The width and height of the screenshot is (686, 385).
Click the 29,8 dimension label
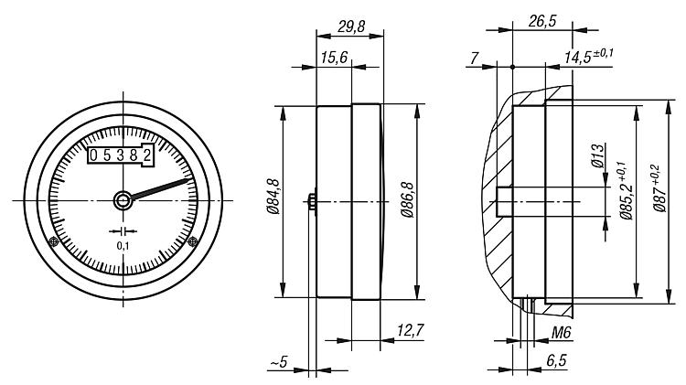(x=351, y=27)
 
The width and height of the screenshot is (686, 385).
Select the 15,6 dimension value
(x=334, y=58)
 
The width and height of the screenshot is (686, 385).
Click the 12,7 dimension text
(x=411, y=330)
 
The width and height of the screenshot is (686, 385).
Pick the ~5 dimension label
(x=279, y=362)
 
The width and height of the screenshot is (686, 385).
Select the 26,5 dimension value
(x=542, y=20)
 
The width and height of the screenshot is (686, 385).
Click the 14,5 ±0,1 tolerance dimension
(x=588, y=57)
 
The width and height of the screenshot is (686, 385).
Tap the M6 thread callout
(x=562, y=333)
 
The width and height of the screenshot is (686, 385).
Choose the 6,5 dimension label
(x=556, y=360)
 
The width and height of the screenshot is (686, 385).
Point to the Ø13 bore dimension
(x=597, y=155)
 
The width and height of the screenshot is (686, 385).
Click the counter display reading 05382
(x=121, y=155)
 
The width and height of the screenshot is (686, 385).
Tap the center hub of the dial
(x=123, y=201)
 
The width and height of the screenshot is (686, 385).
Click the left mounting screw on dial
(x=53, y=241)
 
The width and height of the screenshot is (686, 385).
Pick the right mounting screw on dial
(x=192, y=241)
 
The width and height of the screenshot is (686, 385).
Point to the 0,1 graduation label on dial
(x=123, y=246)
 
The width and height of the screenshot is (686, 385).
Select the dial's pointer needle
(x=161, y=188)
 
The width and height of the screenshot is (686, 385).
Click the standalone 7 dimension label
(x=475, y=58)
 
